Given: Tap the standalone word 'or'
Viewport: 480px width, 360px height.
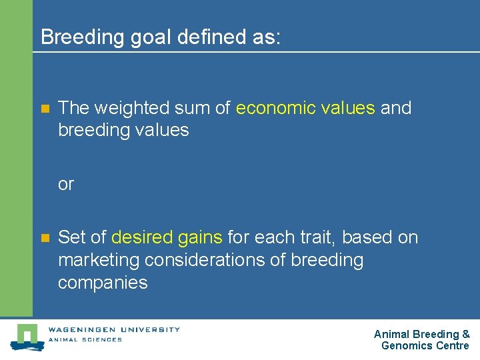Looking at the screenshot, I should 66,184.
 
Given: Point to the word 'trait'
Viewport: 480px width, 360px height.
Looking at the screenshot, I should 324,237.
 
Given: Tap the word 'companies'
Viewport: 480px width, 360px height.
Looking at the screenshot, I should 103,283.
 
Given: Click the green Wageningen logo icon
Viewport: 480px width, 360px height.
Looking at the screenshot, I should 27,337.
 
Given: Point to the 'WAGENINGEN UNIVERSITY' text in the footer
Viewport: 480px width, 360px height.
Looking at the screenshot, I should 113,329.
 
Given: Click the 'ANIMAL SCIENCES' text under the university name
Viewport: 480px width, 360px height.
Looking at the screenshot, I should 85,339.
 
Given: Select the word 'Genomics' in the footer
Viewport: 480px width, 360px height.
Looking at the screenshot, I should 407,345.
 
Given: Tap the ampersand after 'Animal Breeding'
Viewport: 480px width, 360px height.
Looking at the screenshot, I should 465,334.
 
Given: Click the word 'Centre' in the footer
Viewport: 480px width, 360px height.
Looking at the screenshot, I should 452,345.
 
